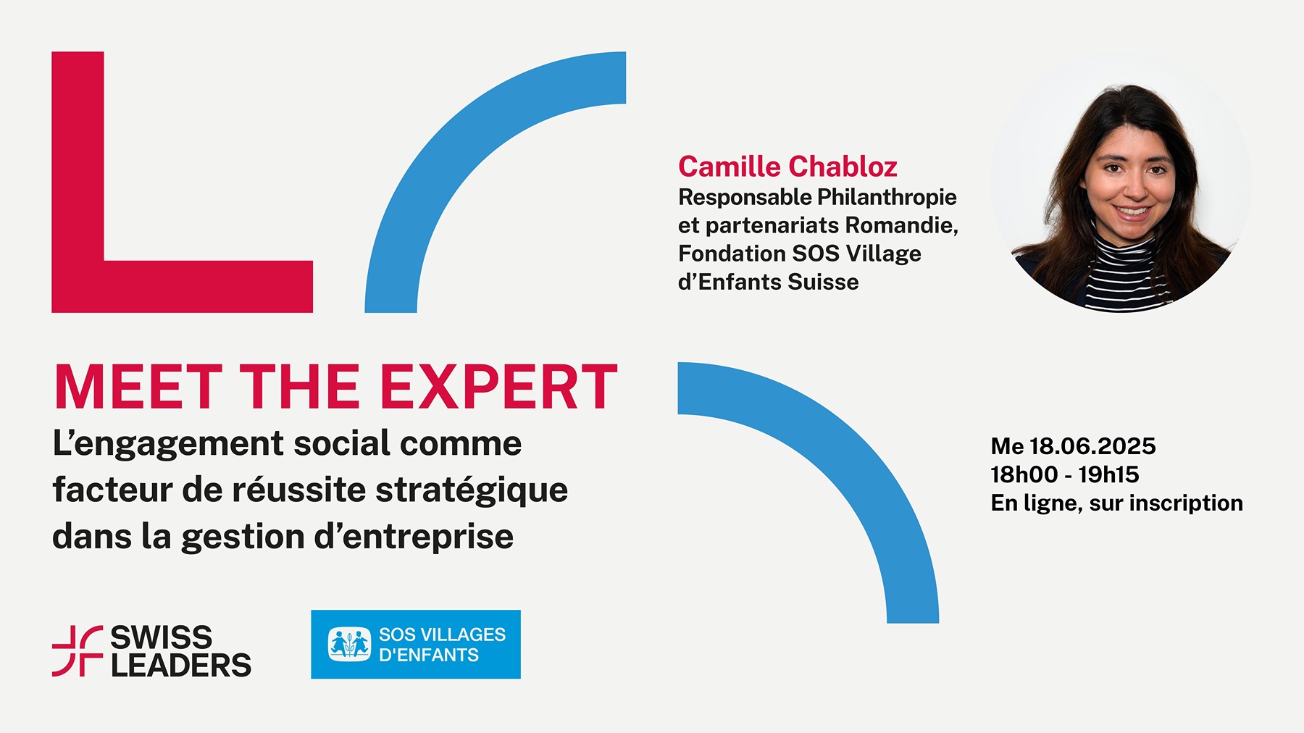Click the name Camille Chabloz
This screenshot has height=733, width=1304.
(x=787, y=167)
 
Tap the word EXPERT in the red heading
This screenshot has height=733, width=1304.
(x=498, y=387)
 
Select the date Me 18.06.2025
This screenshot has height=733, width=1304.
(x=1073, y=446)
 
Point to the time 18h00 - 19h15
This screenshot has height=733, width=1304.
(x=1065, y=474)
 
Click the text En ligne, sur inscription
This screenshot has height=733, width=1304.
(x=1116, y=503)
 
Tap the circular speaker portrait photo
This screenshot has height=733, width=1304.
(x=1120, y=183)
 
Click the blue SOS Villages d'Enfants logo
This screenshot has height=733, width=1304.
(x=416, y=644)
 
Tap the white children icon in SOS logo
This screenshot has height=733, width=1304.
(x=349, y=644)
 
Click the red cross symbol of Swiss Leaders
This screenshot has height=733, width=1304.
(x=78, y=651)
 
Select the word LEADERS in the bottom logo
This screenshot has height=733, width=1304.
(x=181, y=665)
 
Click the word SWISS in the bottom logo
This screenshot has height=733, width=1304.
(x=162, y=638)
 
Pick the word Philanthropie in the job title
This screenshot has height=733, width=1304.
(x=887, y=198)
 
